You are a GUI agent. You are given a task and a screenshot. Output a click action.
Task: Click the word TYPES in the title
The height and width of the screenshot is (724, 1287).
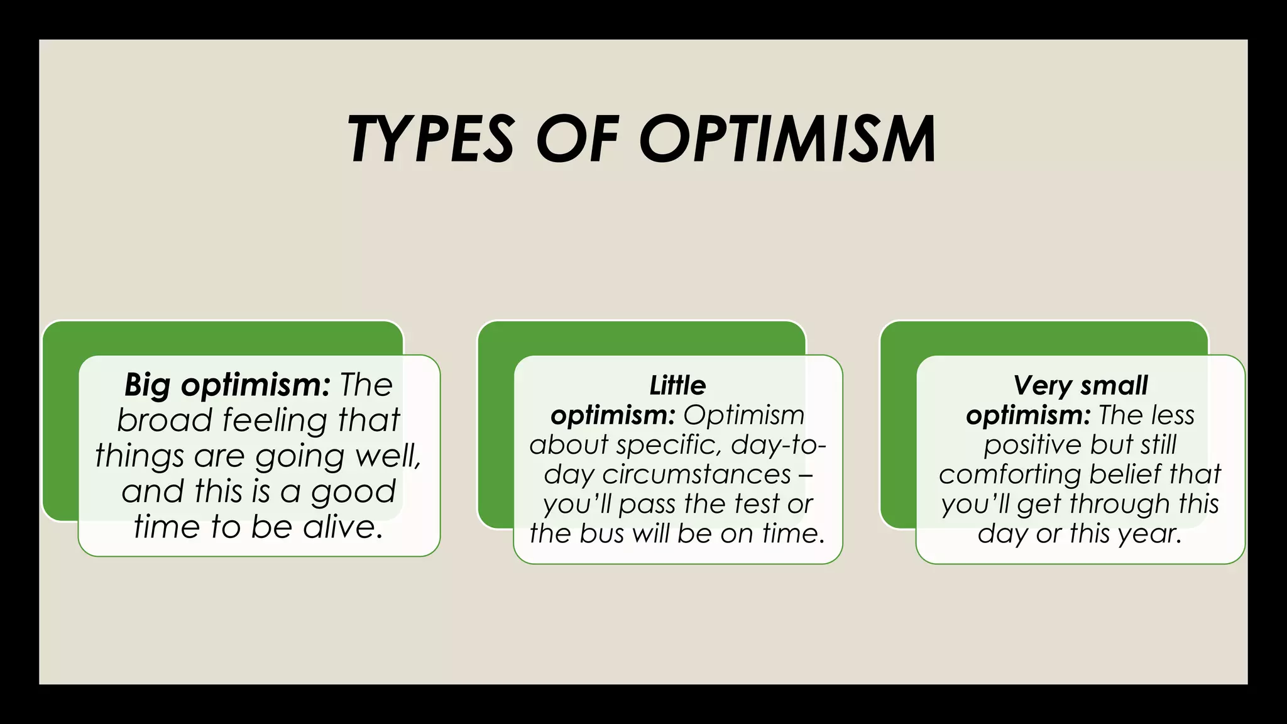click(431, 139)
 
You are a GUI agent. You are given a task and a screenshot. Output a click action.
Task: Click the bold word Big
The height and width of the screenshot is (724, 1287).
click(147, 385)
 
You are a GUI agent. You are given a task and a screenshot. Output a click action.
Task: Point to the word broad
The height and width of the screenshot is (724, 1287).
click(165, 420)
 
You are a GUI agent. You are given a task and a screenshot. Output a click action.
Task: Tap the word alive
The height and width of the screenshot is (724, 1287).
click(343, 527)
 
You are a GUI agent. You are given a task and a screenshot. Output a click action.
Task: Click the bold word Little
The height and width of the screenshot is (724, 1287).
click(677, 385)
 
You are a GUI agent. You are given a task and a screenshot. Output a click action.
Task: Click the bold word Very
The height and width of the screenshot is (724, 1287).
click(1043, 385)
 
